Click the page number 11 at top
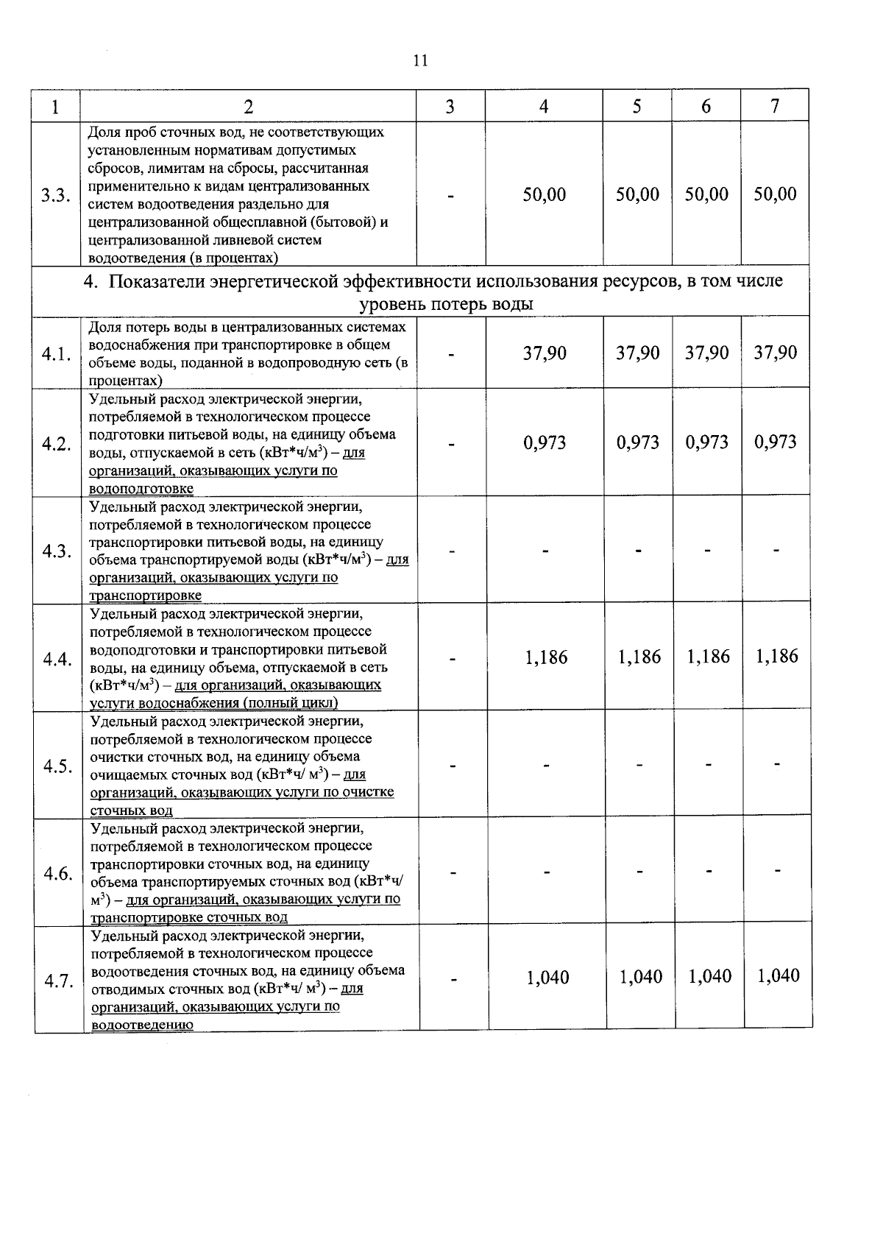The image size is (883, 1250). [x=420, y=60]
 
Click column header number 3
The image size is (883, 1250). [x=450, y=107]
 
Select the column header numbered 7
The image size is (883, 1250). [x=775, y=106]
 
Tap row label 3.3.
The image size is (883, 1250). [x=56, y=195]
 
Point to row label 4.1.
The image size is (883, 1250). [x=57, y=354]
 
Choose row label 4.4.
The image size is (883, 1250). [x=57, y=659]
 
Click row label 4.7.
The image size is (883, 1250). [x=58, y=981]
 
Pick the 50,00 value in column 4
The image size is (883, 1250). [x=545, y=194]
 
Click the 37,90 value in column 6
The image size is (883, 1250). [x=706, y=353]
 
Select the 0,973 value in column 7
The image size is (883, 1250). [x=776, y=442]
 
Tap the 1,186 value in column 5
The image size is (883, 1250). [x=639, y=657]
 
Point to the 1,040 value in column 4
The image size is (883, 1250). [x=548, y=978]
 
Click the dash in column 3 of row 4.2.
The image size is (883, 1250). [x=451, y=443]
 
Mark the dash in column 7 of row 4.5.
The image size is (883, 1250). [x=777, y=765]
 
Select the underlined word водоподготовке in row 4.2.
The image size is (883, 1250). [x=141, y=488]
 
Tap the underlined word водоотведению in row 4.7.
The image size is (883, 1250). [x=143, y=1024]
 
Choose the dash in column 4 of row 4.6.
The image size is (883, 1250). [x=547, y=872]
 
